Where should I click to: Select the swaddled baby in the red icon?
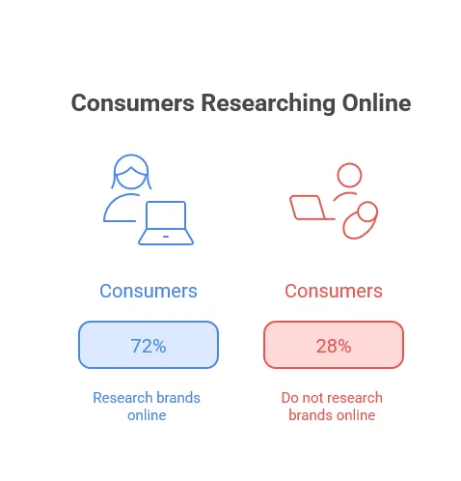pos(362,219)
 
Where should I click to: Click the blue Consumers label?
pos(149,291)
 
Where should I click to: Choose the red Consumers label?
pos(333,291)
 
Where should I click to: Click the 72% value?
pos(149,345)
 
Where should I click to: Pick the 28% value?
pos(333,345)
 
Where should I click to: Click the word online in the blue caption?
pos(147,415)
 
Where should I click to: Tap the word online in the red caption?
pos(354,415)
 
